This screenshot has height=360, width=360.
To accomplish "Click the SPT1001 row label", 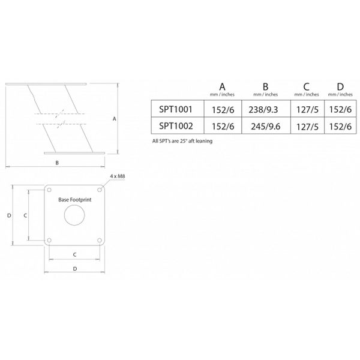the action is coord(176,109).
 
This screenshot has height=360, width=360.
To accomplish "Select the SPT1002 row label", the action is coord(176,126).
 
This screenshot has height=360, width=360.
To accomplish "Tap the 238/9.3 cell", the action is coord(263,110).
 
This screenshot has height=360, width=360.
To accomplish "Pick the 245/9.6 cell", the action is coord(266,127).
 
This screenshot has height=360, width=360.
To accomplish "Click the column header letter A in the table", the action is coord(222,87).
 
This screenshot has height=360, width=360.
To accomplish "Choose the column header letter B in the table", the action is coord(265,87).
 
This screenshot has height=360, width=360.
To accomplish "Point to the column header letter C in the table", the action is coord(306,87).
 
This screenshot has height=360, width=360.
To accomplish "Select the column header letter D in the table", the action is coord(340,87).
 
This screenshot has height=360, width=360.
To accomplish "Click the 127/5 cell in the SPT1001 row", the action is coord(307,110).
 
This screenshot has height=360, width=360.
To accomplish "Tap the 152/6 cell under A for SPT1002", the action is coord(223,127).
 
